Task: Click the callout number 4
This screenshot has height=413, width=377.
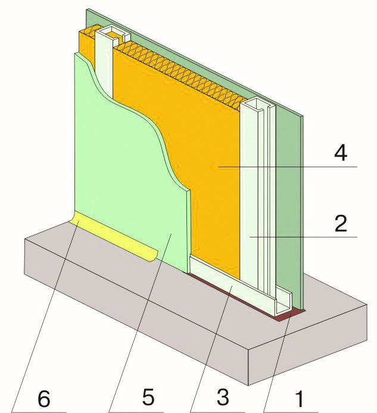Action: (x=341, y=154)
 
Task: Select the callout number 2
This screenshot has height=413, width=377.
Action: (x=341, y=223)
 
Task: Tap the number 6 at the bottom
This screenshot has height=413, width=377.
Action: (x=43, y=399)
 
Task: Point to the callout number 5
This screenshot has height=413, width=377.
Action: (x=148, y=397)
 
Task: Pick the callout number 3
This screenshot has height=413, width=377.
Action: (x=223, y=397)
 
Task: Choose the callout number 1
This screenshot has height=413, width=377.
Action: (x=299, y=398)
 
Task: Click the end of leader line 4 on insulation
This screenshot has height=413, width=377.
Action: (x=219, y=167)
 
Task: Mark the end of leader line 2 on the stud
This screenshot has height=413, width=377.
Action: (x=250, y=237)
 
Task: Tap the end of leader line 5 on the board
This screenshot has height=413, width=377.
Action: (x=172, y=234)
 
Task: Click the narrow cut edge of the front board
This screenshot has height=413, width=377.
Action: (x=188, y=231)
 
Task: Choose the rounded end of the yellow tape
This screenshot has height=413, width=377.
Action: (x=155, y=256)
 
